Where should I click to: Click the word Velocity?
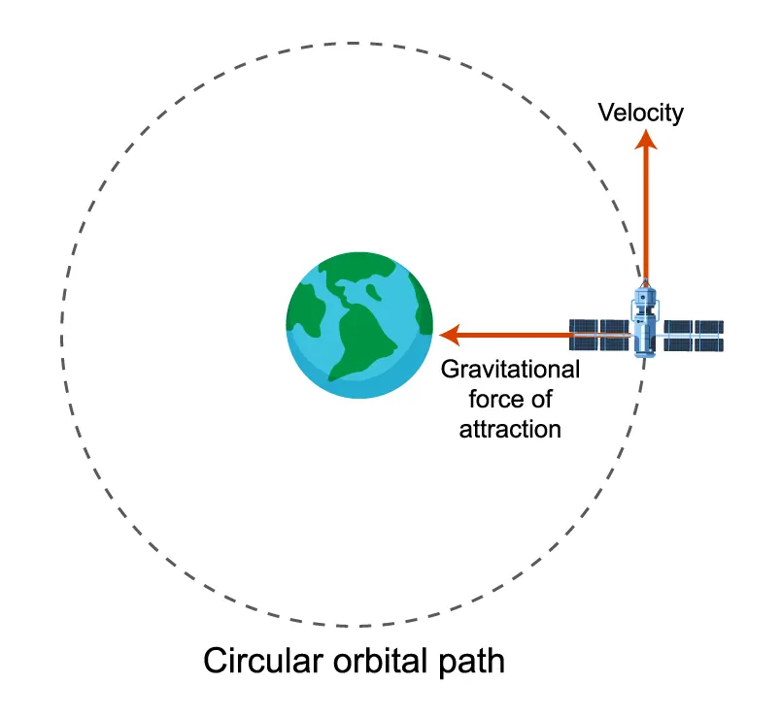(640, 113)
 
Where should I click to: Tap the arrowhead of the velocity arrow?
(646, 140)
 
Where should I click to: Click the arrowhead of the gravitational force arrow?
(451, 335)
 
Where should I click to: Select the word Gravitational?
(510, 370)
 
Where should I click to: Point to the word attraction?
(510, 430)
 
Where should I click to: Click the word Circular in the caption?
(263, 661)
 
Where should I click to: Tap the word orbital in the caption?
(380, 661)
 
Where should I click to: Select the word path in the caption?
(472, 662)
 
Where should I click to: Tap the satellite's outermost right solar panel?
(709, 336)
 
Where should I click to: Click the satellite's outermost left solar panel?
(583, 335)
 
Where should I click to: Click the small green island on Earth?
(374, 292)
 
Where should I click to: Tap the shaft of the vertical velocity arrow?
(646, 214)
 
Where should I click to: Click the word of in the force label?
(540, 399)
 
